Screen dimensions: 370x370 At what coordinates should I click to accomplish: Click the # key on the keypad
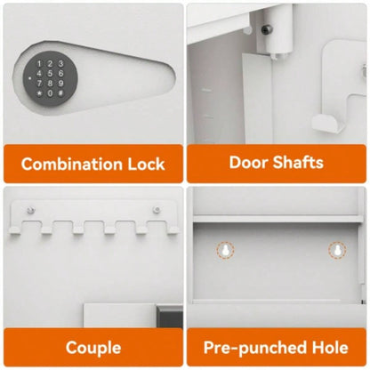[60, 92]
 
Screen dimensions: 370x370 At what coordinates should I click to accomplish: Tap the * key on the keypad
[39, 92]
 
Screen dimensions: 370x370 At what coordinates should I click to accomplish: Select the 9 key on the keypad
[60, 83]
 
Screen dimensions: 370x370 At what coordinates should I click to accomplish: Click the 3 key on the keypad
[60, 64]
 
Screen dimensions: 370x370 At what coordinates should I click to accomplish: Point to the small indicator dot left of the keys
[27, 77]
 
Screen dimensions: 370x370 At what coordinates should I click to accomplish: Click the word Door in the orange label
[248, 162]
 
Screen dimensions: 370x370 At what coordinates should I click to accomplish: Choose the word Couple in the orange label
[92, 347]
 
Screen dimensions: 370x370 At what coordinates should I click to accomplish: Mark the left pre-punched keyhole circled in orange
[224, 252]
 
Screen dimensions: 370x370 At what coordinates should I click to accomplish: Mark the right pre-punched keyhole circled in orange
[337, 252]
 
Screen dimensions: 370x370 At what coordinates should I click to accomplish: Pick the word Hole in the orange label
[329, 347]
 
